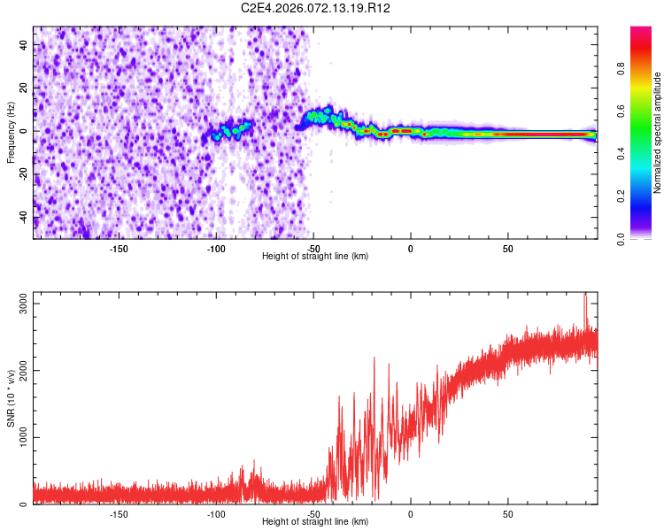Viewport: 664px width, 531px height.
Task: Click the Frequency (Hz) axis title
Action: click(x=11, y=132)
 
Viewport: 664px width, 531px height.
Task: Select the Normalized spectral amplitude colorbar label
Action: click(x=658, y=133)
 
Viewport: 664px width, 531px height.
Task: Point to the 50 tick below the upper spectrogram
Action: click(x=507, y=248)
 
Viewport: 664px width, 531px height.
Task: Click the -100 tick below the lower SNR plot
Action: click(x=216, y=513)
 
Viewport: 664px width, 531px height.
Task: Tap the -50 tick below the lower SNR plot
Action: click(x=313, y=513)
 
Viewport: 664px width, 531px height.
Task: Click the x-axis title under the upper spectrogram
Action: click(x=315, y=256)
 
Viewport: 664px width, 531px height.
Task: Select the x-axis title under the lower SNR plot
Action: click(x=315, y=521)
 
